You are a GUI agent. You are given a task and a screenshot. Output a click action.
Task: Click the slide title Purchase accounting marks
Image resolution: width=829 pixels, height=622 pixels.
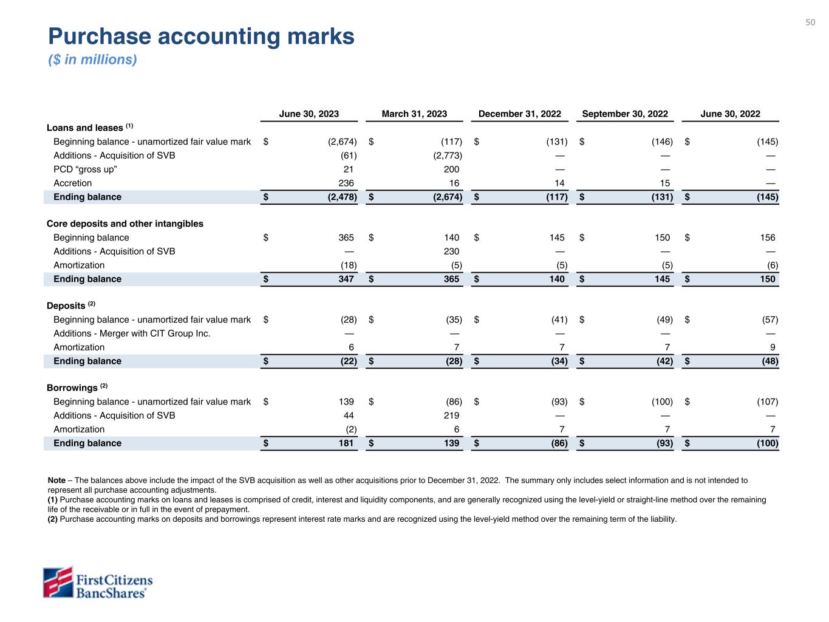click(x=201, y=36)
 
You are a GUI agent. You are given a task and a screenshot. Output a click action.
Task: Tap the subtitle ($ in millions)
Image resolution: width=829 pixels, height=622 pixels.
click(x=92, y=60)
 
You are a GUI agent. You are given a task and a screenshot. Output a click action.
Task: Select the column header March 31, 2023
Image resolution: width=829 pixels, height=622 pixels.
click(x=414, y=114)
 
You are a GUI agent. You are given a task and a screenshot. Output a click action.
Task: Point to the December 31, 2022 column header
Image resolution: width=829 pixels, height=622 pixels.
click(x=519, y=114)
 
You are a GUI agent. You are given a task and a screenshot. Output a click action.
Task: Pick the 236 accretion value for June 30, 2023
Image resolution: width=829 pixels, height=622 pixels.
click(x=346, y=183)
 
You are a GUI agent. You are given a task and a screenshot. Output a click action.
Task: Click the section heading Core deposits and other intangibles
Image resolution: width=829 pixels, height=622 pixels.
click(x=125, y=224)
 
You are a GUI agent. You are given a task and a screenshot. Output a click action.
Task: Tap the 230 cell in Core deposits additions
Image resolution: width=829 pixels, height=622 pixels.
click(x=451, y=251)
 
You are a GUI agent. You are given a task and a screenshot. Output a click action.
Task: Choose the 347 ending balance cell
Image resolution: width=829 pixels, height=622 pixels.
click(x=346, y=279)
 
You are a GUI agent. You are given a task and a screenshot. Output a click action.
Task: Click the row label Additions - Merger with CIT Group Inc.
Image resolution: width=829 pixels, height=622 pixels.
click(x=132, y=333)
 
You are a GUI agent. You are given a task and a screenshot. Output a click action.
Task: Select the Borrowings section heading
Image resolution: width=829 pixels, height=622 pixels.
click(x=72, y=388)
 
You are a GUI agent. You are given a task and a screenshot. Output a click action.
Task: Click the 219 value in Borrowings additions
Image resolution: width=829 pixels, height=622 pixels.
click(x=451, y=415)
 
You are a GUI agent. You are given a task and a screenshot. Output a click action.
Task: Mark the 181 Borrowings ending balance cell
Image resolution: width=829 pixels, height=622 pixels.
click(x=346, y=443)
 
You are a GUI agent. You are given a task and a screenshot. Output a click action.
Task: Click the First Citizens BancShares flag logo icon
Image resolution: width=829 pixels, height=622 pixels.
click(x=58, y=583)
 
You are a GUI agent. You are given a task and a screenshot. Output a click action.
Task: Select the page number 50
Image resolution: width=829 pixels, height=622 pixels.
click(x=810, y=22)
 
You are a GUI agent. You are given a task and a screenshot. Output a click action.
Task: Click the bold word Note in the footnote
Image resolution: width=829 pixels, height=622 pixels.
click(x=56, y=480)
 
